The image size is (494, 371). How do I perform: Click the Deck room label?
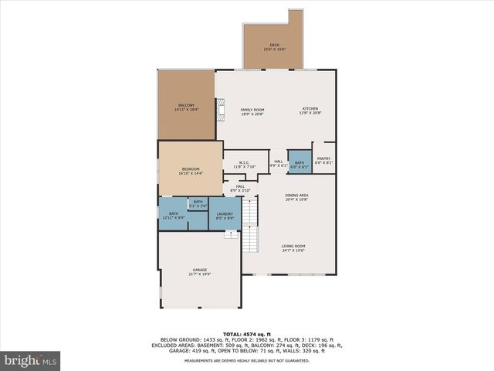(275, 45)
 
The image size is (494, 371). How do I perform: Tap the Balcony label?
(186, 105)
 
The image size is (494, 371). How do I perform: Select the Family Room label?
(252, 109)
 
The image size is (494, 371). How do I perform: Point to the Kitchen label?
(310, 109)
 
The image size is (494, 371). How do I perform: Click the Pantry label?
(323, 158)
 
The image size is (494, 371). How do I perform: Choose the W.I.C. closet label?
(244, 162)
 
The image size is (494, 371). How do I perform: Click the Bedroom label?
(191, 169)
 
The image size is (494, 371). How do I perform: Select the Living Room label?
(293, 247)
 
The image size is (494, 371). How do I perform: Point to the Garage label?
(200, 269)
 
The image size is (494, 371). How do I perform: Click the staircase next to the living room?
(250, 226)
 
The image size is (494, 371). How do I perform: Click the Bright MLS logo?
(30, 360)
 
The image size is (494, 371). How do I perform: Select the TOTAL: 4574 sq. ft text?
(246, 333)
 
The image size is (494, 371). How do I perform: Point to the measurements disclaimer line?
(246, 359)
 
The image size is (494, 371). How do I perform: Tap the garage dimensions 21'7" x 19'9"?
(200, 274)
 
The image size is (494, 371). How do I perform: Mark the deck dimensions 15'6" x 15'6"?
(275, 49)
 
